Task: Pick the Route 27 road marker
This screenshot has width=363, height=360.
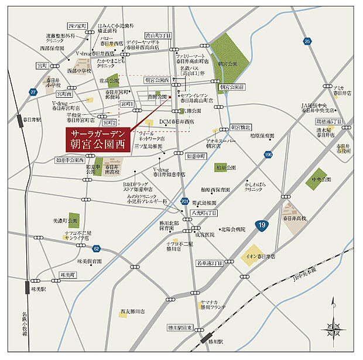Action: click(33, 92)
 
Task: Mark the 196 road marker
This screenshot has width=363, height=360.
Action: click(268, 154)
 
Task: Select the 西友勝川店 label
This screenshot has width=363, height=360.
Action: click(132, 311)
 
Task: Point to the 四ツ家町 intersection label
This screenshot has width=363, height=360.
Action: click(77, 26)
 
